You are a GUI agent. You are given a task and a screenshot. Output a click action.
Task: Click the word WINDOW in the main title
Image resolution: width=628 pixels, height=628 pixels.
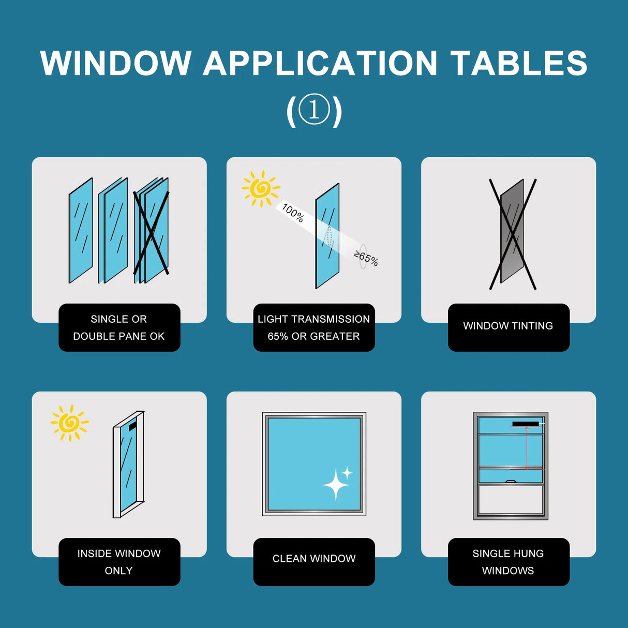click(116, 64)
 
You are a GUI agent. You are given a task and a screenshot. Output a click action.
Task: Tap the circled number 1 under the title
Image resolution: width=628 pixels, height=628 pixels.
click(314, 110)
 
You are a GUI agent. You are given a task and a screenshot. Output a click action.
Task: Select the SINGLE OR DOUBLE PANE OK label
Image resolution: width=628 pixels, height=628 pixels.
click(119, 327)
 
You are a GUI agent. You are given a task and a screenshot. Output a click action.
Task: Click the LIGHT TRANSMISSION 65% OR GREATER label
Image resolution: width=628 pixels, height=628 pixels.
click(314, 327)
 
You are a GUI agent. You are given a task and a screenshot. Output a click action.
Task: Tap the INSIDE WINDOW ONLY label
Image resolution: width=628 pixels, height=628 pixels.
click(119, 562)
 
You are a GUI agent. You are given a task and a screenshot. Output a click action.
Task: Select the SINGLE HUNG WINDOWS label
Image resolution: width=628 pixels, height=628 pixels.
click(509, 562)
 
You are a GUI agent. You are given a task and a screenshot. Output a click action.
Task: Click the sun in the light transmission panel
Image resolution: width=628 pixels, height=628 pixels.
click(261, 188)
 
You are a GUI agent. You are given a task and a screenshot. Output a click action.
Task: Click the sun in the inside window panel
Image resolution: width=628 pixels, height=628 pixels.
click(69, 423)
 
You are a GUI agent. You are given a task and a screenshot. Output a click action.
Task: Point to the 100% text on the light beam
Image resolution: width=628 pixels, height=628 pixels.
click(293, 213)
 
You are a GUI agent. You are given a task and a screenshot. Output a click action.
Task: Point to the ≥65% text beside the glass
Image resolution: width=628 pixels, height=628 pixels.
click(366, 258)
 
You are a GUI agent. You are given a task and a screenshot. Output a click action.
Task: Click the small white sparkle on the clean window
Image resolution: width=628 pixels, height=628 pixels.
click(347, 472)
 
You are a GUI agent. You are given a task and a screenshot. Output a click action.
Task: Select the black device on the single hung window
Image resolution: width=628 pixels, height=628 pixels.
click(526, 424)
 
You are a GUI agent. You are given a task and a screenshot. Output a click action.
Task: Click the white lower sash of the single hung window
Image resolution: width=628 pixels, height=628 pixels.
click(511, 500)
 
